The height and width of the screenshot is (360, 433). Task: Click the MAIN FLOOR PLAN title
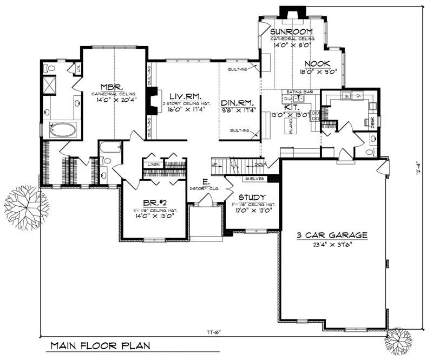(101, 345)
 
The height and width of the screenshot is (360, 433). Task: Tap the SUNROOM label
(293, 31)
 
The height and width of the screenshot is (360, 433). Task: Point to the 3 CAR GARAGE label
(332, 235)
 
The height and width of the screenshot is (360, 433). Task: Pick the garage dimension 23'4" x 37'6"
(332, 245)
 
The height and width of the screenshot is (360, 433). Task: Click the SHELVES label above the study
(253, 178)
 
